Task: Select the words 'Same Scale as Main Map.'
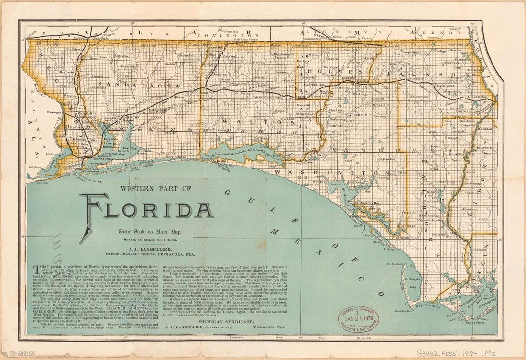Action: point(150,232)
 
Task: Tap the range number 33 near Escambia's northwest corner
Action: point(38,44)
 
